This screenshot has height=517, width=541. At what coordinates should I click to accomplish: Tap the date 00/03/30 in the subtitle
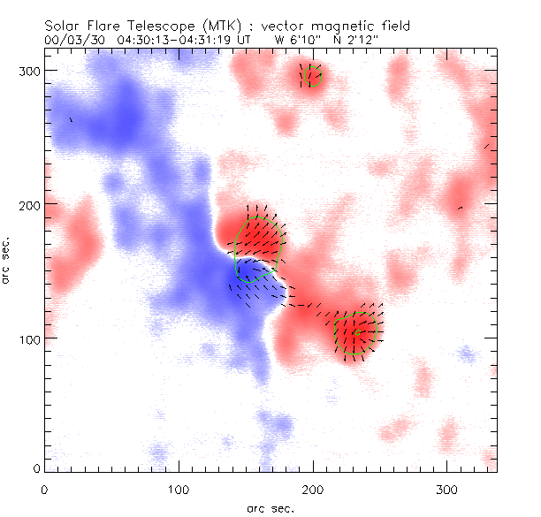point(70,41)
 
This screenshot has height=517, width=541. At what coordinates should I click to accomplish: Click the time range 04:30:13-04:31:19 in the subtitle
point(171,41)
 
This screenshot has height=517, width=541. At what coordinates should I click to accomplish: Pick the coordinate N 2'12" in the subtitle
point(358,41)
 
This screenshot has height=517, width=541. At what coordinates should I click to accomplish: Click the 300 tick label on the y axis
point(29,71)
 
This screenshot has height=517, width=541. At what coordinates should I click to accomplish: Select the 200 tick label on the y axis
point(29,204)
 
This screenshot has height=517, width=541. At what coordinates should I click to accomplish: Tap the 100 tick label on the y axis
point(29,338)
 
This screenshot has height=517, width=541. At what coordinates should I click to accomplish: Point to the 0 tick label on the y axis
point(35,467)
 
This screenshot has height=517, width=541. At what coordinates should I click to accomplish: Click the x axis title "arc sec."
point(270,507)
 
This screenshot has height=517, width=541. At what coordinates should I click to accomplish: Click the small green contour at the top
point(310,77)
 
